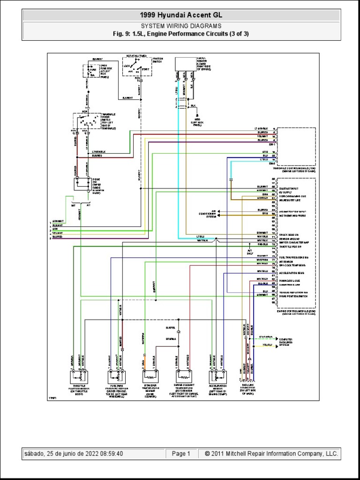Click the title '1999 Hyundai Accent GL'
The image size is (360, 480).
click(180, 15)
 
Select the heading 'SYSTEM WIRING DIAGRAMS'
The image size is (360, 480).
click(180, 26)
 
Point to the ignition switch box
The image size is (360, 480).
click(136, 66)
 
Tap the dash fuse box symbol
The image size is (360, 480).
click(89, 70)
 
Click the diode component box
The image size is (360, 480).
click(82, 183)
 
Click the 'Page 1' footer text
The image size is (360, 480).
click(181, 454)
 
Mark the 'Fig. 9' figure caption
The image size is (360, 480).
click(180, 34)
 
